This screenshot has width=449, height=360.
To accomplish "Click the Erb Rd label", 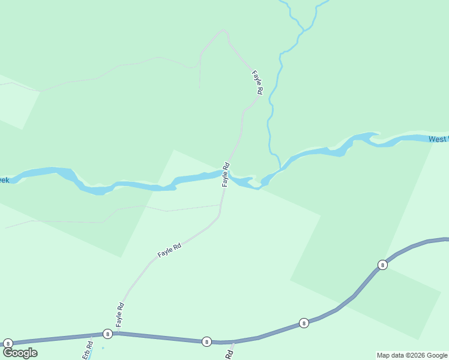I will point(88,350).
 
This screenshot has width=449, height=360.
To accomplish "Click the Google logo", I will point(20,353).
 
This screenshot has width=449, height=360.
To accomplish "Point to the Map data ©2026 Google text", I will point(412,355).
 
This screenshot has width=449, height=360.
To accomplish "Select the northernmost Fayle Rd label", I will point(258,83).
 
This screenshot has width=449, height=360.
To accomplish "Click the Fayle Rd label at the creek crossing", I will point(226,174).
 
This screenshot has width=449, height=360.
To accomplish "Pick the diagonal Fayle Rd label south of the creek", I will point(169,250).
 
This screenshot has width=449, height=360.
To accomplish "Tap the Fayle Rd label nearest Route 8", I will point(119,314).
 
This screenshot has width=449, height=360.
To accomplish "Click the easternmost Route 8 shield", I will point(382,265).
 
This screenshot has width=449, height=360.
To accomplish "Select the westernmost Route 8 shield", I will point(8,343).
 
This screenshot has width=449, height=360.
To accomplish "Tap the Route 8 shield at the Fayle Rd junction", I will point(107,334).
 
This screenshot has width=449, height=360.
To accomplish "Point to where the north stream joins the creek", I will point(280,169).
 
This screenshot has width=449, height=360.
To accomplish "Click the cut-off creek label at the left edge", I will point(4,180).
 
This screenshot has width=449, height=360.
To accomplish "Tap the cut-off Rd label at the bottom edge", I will point(229,355).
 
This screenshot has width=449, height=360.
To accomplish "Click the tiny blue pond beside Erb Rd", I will point(103,347).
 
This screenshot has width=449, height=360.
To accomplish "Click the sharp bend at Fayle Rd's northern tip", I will point(224,30).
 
